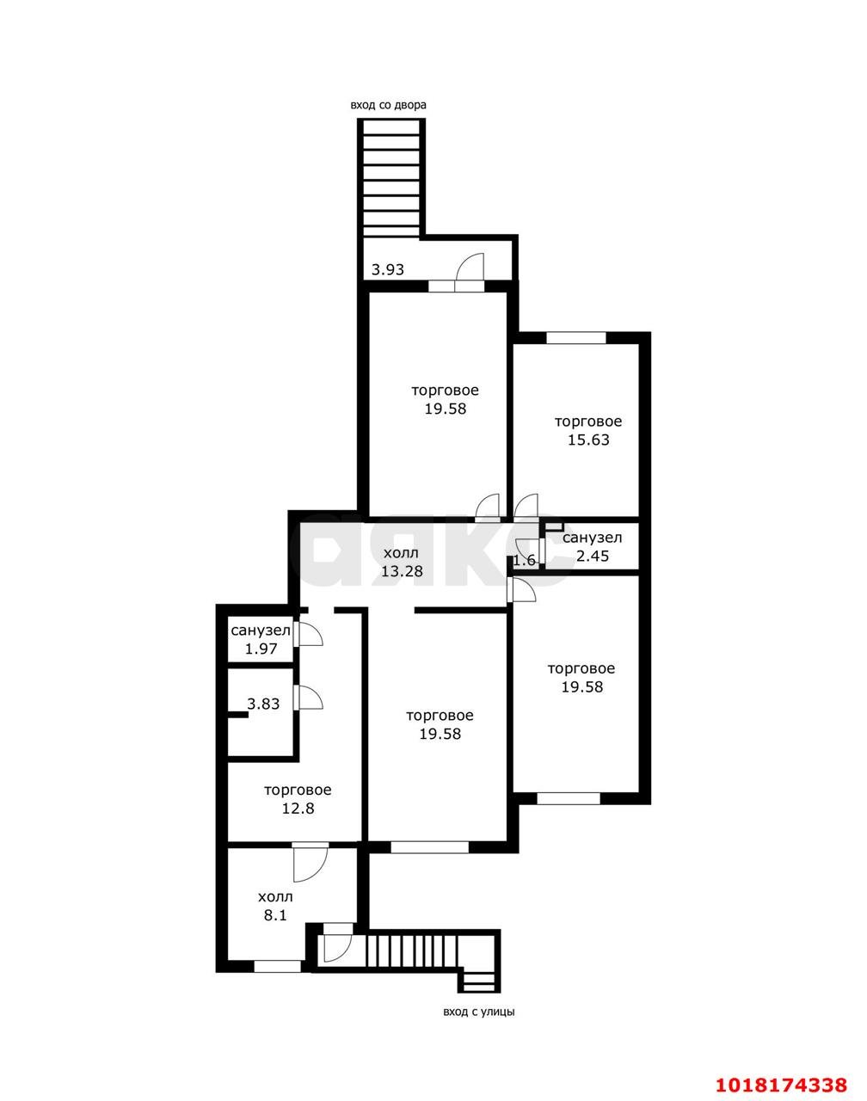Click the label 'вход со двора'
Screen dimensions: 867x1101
388,106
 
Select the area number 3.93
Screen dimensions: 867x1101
387,269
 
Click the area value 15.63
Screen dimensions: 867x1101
588,440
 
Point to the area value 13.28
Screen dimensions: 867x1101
402,571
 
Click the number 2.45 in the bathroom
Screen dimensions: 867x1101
593,556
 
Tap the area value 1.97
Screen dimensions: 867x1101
261,649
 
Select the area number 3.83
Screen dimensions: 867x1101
263,704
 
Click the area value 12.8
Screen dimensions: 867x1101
298,809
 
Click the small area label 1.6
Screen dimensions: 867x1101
525,560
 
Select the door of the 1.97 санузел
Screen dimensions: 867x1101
309,635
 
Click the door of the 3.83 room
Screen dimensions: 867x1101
309,698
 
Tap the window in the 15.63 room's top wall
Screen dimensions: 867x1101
575,338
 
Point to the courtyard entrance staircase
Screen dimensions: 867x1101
391,177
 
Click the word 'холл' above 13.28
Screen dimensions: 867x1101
402,552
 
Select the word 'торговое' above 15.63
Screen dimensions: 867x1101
588,421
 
